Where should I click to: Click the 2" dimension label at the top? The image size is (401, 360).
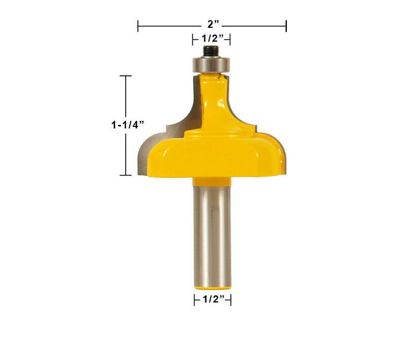pyautogui.click(x=213, y=25)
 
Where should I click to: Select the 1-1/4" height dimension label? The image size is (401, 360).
pyautogui.click(x=128, y=125)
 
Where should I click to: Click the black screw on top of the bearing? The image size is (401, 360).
pyautogui.click(x=211, y=51)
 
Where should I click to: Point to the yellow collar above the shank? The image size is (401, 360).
pyautogui.click(x=212, y=182)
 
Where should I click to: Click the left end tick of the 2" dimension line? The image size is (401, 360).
pyautogui.click(x=138, y=26)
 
